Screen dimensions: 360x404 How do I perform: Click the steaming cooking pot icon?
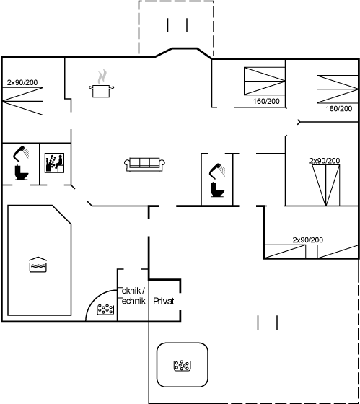(x=101, y=84)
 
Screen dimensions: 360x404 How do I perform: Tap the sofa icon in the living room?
(x=144, y=164)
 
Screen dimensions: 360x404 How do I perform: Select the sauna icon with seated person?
(x=54, y=163)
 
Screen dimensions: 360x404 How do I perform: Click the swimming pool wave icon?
(x=38, y=264)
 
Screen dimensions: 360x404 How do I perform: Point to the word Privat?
(x=163, y=301)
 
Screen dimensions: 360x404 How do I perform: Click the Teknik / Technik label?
(x=131, y=296)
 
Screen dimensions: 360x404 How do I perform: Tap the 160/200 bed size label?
(x=266, y=101)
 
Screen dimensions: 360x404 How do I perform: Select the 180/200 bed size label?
(x=339, y=108)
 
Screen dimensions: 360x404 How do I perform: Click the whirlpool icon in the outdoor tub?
(x=183, y=365)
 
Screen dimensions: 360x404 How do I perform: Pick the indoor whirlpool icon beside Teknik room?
(x=105, y=309)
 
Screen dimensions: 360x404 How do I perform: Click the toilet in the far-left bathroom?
(x=22, y=172)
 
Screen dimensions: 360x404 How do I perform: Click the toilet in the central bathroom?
(x=217, y=189)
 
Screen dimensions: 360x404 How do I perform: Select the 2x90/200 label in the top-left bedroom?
(x=22, y=82)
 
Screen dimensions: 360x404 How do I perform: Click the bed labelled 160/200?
(x=264, y=81)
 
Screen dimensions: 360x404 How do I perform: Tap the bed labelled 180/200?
(x=338, y=89)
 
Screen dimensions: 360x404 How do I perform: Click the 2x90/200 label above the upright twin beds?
(x=325, y=161)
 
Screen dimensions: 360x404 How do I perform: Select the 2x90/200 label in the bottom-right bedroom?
(x=307, y=240)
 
